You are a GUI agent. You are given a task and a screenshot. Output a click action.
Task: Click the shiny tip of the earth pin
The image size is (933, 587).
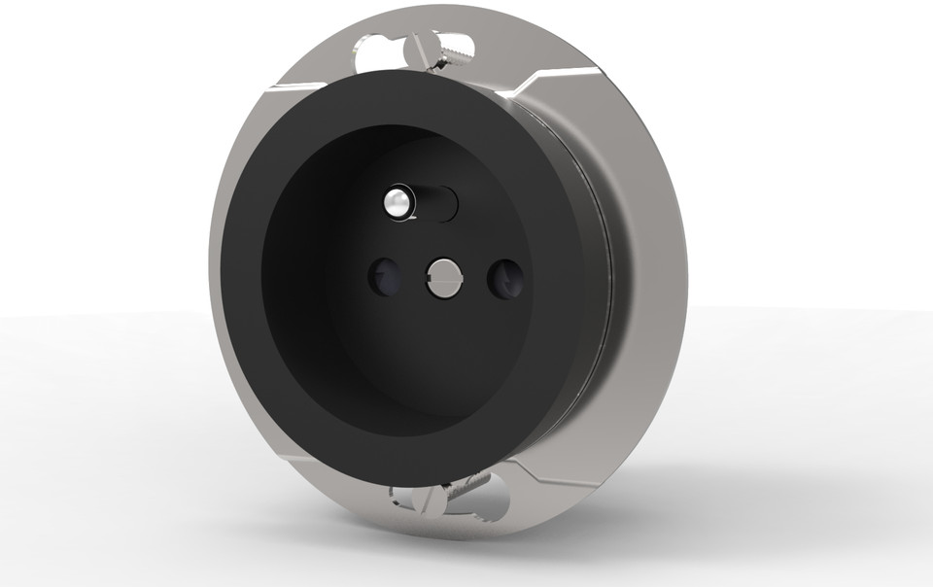coord(395,201)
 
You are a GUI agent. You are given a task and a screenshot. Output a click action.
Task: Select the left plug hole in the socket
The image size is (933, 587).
coord(384,277)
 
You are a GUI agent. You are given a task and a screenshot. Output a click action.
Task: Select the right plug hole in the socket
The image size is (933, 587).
coord(505,279)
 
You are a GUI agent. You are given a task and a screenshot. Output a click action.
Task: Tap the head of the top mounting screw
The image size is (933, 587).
coord(421,46)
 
